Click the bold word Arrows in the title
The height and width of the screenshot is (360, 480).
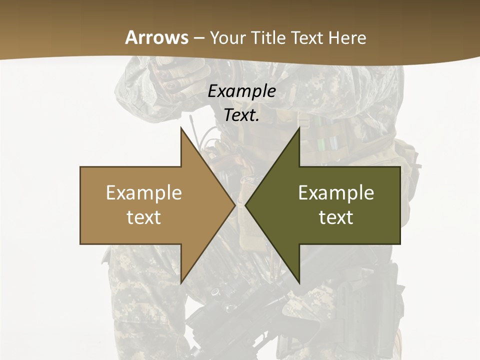156,37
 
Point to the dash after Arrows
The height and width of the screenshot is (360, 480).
198,38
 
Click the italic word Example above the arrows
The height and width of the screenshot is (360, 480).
241,91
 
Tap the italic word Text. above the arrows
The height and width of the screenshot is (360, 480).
241,115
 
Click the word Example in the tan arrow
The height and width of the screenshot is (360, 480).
144,192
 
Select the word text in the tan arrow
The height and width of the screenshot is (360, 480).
144,217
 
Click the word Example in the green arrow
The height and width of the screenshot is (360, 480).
336,192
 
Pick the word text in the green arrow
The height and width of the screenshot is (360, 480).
336,217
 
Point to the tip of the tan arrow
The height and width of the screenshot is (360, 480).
233,205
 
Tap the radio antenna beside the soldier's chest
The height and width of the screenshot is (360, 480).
192,125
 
